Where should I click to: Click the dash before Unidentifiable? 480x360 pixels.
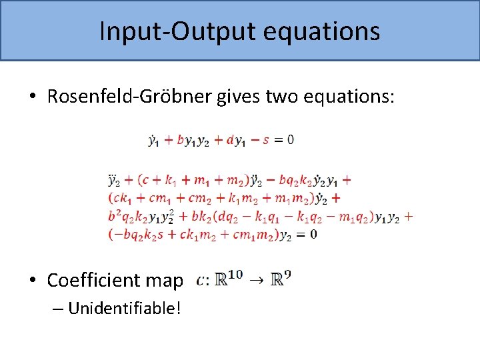click(57, 309)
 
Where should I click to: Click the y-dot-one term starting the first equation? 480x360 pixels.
click(153, 140)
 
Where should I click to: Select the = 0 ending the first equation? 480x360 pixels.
click(284, 140)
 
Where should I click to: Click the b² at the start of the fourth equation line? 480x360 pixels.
click(115, 215)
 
